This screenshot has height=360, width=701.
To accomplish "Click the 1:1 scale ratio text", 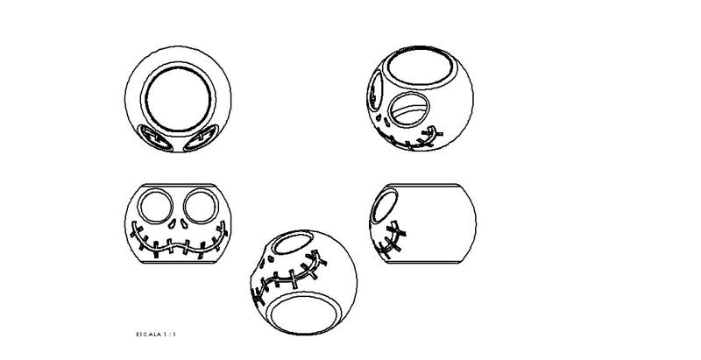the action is (x=170, y=334).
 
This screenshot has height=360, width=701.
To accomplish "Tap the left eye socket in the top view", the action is (x=156, y=138).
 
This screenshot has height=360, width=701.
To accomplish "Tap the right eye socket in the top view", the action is (x=201, y=138).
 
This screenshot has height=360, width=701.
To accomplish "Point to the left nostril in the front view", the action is (x=172, y=223).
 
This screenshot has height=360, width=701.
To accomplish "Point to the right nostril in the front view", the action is (x=185, y=223).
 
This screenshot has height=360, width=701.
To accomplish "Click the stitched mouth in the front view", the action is (x=179, y=244).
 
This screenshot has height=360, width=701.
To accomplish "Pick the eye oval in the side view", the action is (x=385, y=206).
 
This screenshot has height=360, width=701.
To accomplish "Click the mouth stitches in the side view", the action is (x=390, y=240).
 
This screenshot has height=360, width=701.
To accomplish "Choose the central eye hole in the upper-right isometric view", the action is (x=409, y=109).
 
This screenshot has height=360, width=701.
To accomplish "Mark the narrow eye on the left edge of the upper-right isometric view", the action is (x=375, y=91).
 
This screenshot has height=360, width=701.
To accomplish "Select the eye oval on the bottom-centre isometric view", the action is (x=293, y=244).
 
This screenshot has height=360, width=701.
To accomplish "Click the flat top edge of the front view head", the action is (x=179, y=185).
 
